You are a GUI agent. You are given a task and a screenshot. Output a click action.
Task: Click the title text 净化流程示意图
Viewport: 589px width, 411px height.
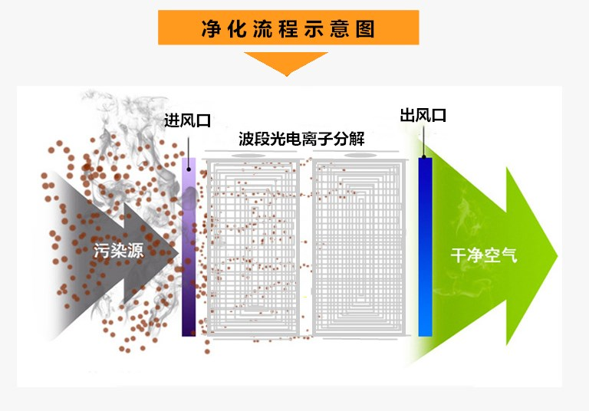pyautogui.click(x=288, y=28)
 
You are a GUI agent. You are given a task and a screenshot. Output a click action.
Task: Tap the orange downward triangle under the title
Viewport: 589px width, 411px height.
pyautogui.click(x=286, y=63)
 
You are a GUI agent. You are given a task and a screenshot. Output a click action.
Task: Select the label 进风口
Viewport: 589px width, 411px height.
pyautogui.click(x=187, y=120)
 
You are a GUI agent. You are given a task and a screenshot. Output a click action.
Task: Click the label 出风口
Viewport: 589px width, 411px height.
pyautogui.click(x=423, y=115)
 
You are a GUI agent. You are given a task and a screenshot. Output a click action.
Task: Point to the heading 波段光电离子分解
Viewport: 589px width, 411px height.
pyautogui.click(x=301, y=139)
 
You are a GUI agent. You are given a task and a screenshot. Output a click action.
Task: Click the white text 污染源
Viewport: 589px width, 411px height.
pyautogui.click(x=119, y=250)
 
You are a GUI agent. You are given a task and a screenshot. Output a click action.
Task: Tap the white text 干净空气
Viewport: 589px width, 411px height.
pyautogui.click(x=484, y=255)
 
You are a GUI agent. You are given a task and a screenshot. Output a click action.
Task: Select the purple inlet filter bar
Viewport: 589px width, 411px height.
pyautogui.click(x=189, y=247)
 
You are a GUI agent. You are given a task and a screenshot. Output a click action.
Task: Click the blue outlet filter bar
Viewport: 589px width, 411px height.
pyautogui.click(x=425, y=247)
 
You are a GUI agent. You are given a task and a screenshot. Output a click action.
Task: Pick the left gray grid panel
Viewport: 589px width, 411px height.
pyautogui.click(x=253, y=248)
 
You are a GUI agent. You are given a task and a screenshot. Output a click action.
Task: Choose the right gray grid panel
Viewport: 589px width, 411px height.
pyautogui.click(x=359, y=248)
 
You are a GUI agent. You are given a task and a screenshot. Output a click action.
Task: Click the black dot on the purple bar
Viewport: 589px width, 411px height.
pyautogui.click(x=189, y=169)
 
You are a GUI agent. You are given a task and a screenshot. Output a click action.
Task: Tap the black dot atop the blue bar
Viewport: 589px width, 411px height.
pyautogui.click(x=423, y=157)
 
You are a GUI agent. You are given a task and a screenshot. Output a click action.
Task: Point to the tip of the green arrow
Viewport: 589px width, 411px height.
pyautogui.click(x=558, y=256)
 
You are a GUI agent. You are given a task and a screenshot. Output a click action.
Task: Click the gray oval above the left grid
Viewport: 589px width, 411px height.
pyautogui.click(x=248, y=156)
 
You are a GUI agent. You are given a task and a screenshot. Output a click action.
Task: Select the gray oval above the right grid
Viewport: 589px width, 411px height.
pyautogui.click(x=360, y=155)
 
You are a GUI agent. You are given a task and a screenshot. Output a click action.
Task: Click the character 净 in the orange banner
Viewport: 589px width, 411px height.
pyautogui.click(x=211, y=29)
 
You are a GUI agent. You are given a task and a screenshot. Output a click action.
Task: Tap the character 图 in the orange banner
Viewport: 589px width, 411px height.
pyautogui.click(x=366, y=29)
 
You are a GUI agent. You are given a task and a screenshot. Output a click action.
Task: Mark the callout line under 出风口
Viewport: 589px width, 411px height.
pyautogui.click(x=423, y=141)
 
